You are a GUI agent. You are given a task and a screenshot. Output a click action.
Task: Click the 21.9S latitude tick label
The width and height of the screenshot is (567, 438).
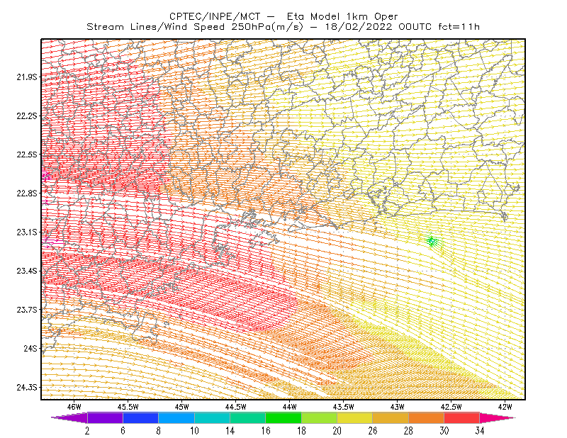click(x=26, y=77)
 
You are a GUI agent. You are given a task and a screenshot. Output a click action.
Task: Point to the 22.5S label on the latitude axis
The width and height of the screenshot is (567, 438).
click(x=26, y=155)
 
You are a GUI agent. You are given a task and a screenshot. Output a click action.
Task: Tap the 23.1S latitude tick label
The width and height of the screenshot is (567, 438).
click(x=26, y=232)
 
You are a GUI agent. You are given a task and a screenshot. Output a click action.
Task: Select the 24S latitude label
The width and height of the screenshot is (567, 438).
click(x=30, y=348)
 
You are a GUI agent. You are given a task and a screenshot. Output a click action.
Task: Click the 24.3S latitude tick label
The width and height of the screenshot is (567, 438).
click(x=26, y=388)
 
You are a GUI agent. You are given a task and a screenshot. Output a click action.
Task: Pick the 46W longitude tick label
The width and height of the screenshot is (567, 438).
click(x=74, y=407)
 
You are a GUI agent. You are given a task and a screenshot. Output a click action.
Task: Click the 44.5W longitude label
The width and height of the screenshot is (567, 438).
click(x=235, y=407)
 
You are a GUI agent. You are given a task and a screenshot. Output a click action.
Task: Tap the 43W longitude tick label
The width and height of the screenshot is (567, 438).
click(x=397, y=407)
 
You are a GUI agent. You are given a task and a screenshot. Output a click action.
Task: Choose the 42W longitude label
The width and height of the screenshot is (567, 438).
click(x=505, y=407)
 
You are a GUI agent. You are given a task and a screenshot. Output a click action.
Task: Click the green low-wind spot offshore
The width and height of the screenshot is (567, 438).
click(x=432, y=241)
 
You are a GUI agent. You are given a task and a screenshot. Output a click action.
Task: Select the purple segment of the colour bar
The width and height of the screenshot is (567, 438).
click(x=105, y=417)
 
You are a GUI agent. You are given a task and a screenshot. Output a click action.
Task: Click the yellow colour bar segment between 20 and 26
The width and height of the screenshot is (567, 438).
click(x=355, y=417)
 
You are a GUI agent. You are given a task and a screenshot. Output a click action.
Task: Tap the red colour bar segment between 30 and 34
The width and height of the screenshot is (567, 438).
click(x=462, y=417)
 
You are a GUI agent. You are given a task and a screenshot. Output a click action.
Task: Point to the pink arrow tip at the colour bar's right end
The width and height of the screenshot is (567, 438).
click(x=515, y=417)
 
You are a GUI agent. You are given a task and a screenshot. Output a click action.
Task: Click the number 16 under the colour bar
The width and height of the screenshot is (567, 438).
click(x=266, y=431)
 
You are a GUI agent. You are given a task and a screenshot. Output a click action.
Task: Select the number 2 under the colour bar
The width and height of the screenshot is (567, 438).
click(x=87, y=431)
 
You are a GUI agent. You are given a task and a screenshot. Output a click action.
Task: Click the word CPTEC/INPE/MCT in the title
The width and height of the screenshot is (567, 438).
click(x=215, y=16)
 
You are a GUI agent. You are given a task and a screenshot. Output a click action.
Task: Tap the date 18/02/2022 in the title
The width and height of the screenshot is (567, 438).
click(x=359, y=27)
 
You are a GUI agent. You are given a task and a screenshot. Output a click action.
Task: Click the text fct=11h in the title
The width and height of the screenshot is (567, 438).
click(x=459, y=27)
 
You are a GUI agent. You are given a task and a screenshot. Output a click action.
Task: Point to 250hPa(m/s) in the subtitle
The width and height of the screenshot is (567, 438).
click(x=267, y=27)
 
